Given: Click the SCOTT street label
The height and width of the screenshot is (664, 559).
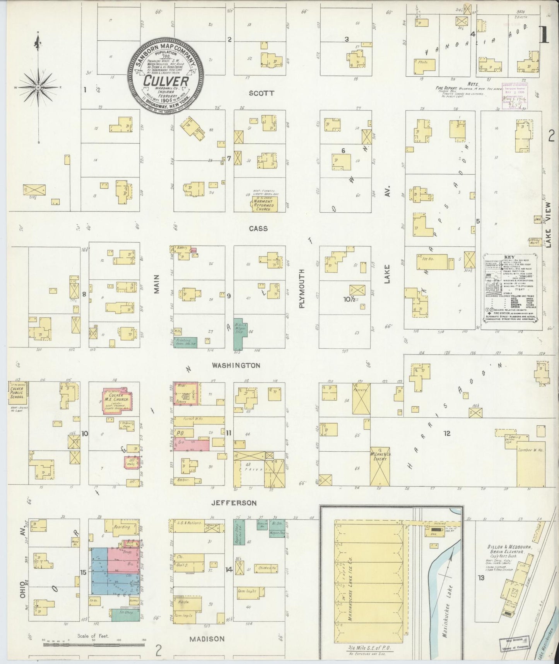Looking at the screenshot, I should [x=262, y=93].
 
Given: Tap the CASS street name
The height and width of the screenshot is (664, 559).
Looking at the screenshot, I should [x=258, y=229].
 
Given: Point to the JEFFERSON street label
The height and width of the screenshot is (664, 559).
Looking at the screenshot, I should [x=234, y=503].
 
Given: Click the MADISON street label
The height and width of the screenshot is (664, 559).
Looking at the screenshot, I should [x=207, y=639].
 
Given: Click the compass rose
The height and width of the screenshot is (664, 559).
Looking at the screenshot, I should [x=38, y=88].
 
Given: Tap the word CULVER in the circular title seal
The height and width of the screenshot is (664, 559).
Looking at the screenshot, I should [x=166, y=81].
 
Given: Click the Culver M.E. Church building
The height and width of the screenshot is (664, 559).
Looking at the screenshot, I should [x=118, y=401].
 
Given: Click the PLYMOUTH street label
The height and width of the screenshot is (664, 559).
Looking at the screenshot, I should [x=302, y=289].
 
